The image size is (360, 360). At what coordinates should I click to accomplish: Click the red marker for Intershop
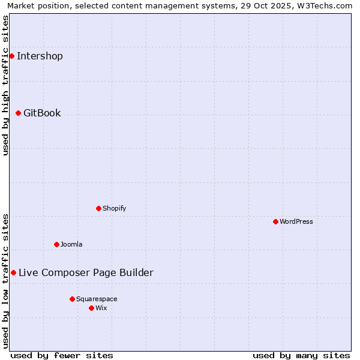11,56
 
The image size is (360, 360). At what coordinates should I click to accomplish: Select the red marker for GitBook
18,113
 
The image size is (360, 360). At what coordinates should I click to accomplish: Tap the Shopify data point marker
98,208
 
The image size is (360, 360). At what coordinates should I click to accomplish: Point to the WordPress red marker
275,221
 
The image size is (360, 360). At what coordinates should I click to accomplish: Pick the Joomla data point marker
56,244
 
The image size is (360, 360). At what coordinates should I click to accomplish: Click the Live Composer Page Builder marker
13,272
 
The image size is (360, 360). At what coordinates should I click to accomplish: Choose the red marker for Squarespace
72,299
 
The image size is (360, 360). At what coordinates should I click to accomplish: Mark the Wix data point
91,308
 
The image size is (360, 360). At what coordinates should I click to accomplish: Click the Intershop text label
40,56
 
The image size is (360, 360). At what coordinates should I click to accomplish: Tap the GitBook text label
42,113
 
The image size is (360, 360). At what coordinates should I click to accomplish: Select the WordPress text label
296,221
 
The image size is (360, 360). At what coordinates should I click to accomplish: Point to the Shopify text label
114,208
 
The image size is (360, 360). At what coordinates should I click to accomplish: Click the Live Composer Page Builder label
86,272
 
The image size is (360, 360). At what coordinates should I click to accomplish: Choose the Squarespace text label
97,299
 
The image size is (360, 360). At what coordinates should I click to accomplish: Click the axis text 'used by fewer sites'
62,355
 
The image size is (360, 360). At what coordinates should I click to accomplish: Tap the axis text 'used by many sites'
301,355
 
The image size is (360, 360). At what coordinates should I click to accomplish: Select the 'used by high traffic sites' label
5,85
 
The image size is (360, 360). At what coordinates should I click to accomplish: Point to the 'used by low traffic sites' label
5,280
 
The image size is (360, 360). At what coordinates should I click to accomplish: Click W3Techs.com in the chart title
328,5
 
